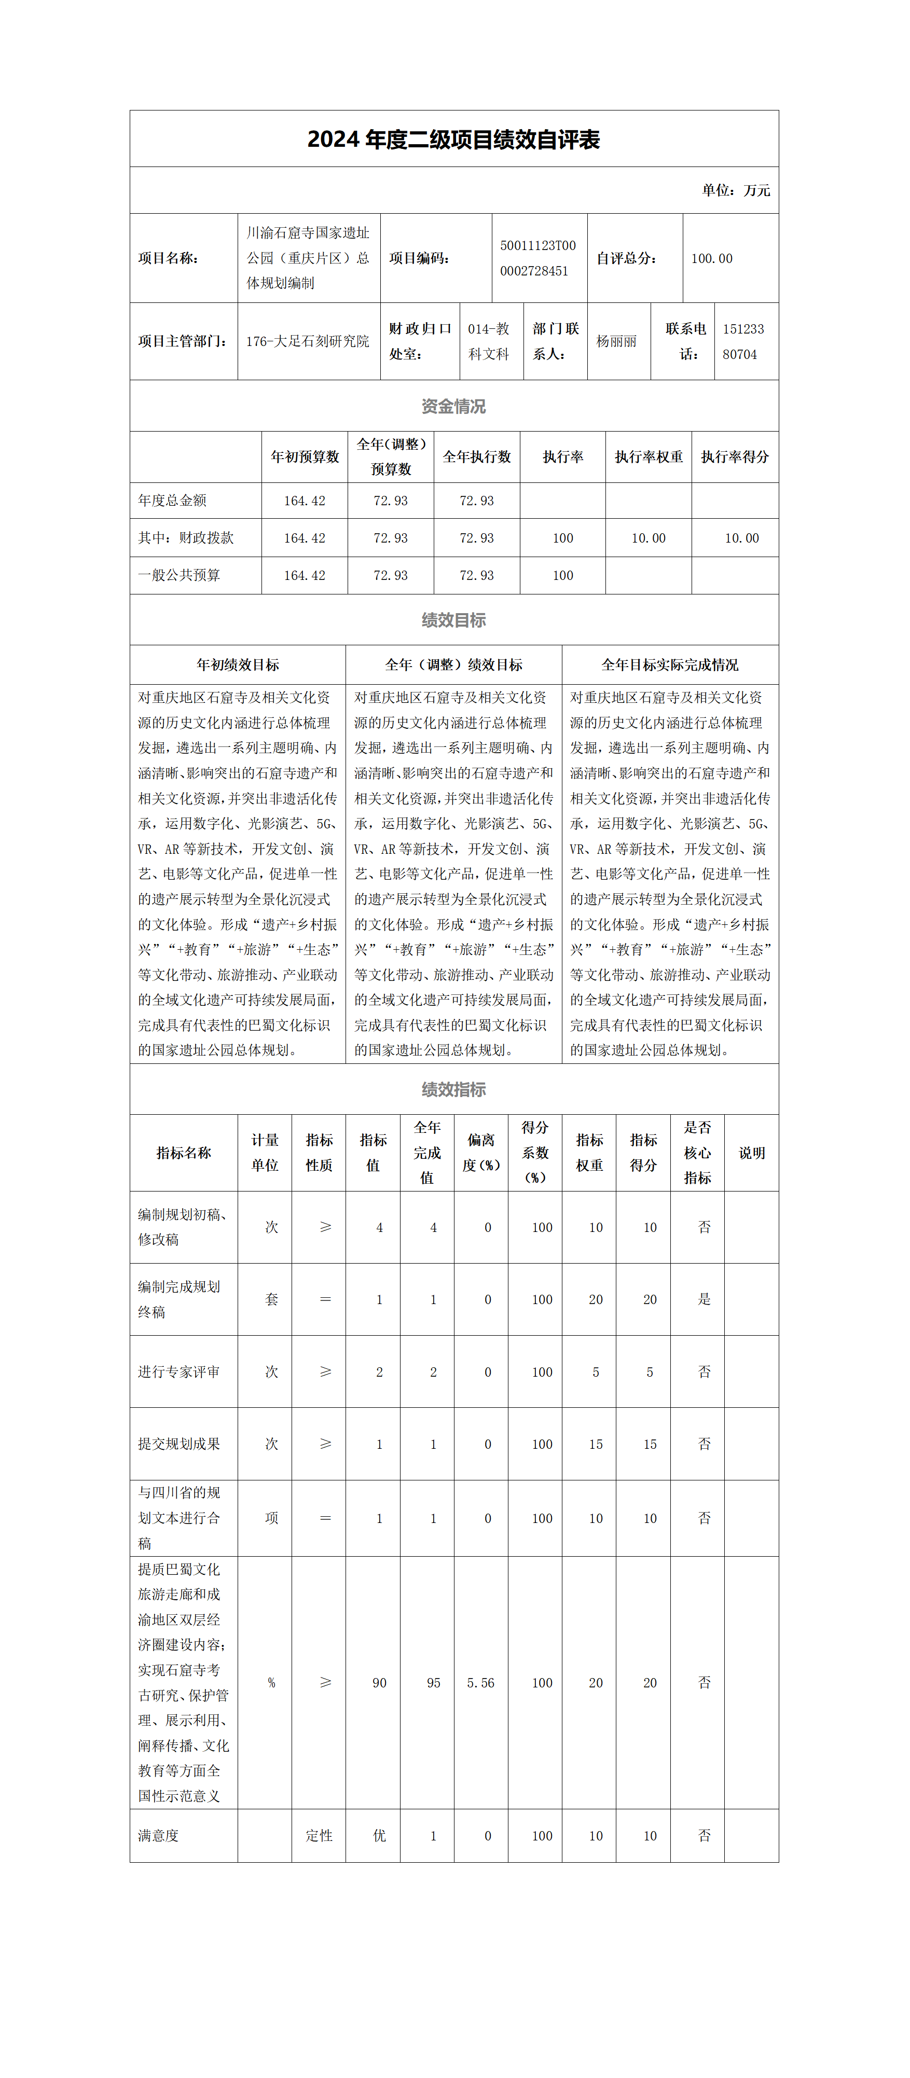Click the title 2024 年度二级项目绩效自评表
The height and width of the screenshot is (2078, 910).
[453, 140]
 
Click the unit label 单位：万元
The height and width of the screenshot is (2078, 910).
[735, 190]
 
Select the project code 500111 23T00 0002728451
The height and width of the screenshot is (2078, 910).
[538, 258]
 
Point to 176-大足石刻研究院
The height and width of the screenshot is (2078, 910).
[307, 341]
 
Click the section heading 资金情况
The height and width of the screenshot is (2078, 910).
[453, 407]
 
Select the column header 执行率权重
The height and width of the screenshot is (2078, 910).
[649, 456]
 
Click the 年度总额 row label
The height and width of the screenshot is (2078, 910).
[173, 500]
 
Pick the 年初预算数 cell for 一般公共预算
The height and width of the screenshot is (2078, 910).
[304, 575]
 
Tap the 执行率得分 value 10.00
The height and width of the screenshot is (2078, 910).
[741, 538]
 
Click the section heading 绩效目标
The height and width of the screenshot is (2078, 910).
[453, 620]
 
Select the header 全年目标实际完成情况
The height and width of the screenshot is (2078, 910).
[670, 664]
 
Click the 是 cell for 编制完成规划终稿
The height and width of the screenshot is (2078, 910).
[704, 1299]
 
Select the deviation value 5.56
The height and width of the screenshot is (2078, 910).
[481, 1683]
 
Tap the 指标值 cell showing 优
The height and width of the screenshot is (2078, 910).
[379, 1835]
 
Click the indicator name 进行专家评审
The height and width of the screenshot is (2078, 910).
[179, 1372]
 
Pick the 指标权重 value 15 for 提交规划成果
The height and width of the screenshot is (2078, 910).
[596, 1444]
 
